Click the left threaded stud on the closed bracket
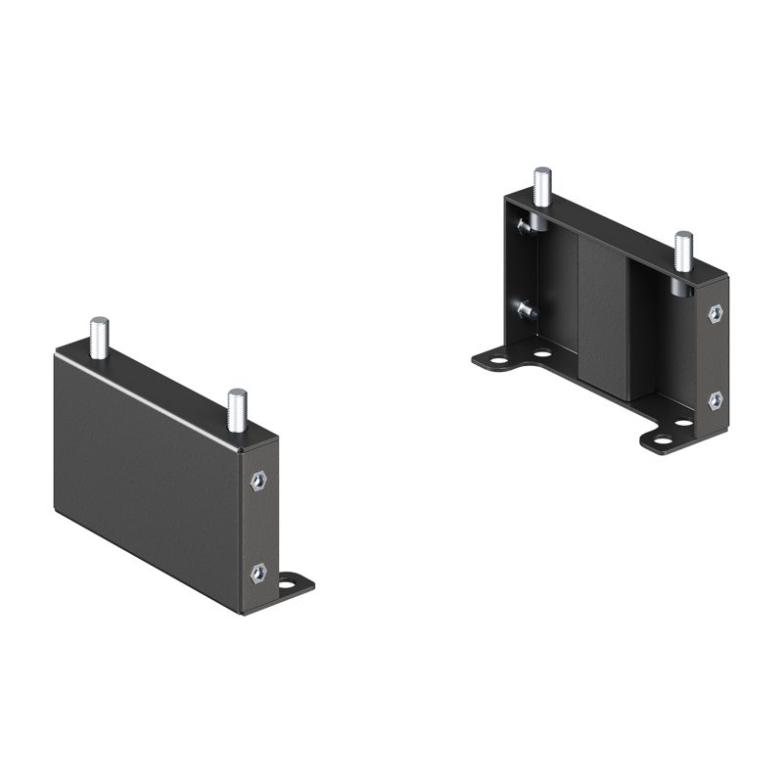pos(99,337)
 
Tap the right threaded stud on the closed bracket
pos(237,409)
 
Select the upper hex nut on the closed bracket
pos(258,481)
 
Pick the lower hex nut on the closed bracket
pos(258,574)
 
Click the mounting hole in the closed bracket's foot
pos(290,587)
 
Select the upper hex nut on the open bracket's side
pos(715,313)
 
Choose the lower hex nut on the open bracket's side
pos(715,399)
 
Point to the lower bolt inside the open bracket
pos(526,310)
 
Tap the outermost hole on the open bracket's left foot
pos(499,360)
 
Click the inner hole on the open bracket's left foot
pos(541,352)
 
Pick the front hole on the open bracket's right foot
pos(663,439)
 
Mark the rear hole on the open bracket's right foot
pos(684,423)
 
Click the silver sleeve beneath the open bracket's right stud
pos(678,284)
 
